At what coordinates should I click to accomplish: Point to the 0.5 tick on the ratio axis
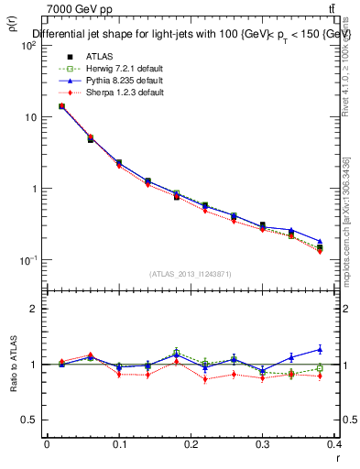click(31, 420)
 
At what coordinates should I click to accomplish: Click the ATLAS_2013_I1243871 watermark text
click(191, 274)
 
